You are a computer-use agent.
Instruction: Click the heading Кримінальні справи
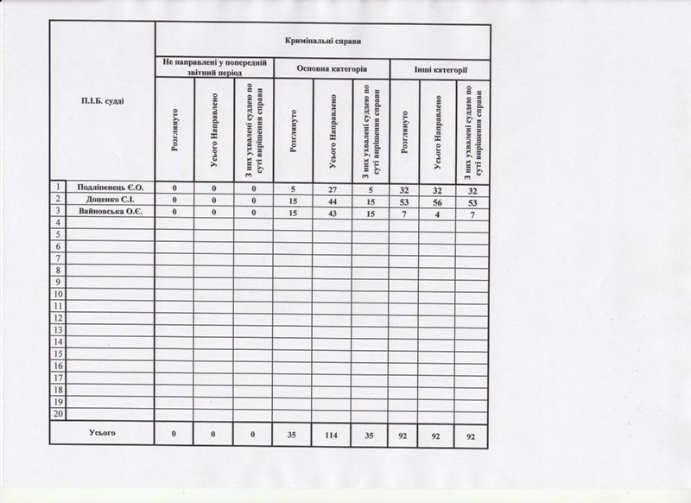[322, 41]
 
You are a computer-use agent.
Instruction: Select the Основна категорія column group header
[333, 68]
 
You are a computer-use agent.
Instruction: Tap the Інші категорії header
[441, 68]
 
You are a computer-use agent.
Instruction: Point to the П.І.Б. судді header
[102, 102]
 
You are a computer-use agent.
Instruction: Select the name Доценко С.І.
[110, 199]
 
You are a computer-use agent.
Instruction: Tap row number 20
[59, 415]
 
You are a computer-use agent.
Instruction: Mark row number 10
[59, 294]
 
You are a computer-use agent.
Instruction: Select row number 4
[59, 222]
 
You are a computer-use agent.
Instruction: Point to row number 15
[59, 354]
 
